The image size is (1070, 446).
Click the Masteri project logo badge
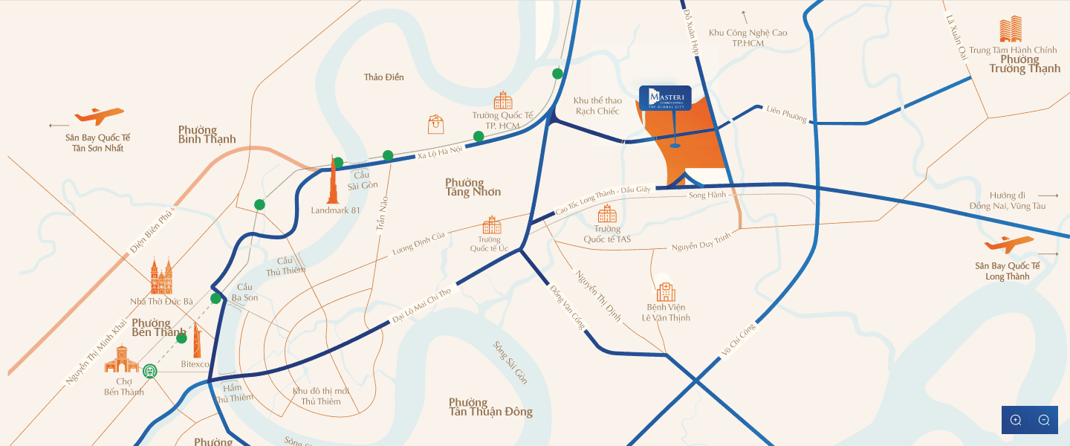[x=665, y=98]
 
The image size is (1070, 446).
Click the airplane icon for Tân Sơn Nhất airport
[x=99, y=116]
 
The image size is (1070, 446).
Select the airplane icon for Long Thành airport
[x=1008, y=245]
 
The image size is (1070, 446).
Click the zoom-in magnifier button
[x=1016, y=420]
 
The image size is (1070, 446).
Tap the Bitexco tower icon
[x=198, y=341]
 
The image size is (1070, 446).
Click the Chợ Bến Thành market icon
[x=122, y=363]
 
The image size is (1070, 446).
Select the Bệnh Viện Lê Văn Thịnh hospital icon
[x=666, y=291]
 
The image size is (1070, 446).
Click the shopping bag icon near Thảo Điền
[x=435, y=124]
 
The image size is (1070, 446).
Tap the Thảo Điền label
[x=384, y=77]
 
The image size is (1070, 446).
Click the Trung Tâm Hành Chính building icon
[x=1011, y=30]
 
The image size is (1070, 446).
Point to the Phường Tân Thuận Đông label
[x=490, y=407]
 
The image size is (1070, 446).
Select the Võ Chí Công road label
[x=738, y=342]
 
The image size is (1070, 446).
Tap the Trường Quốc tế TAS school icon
[x=607, y=214]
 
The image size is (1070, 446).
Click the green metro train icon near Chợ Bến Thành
[x=151, y=370]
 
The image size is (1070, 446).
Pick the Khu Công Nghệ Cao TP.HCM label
[x=748, y=38]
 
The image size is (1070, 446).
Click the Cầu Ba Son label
[x=244, y=292]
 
